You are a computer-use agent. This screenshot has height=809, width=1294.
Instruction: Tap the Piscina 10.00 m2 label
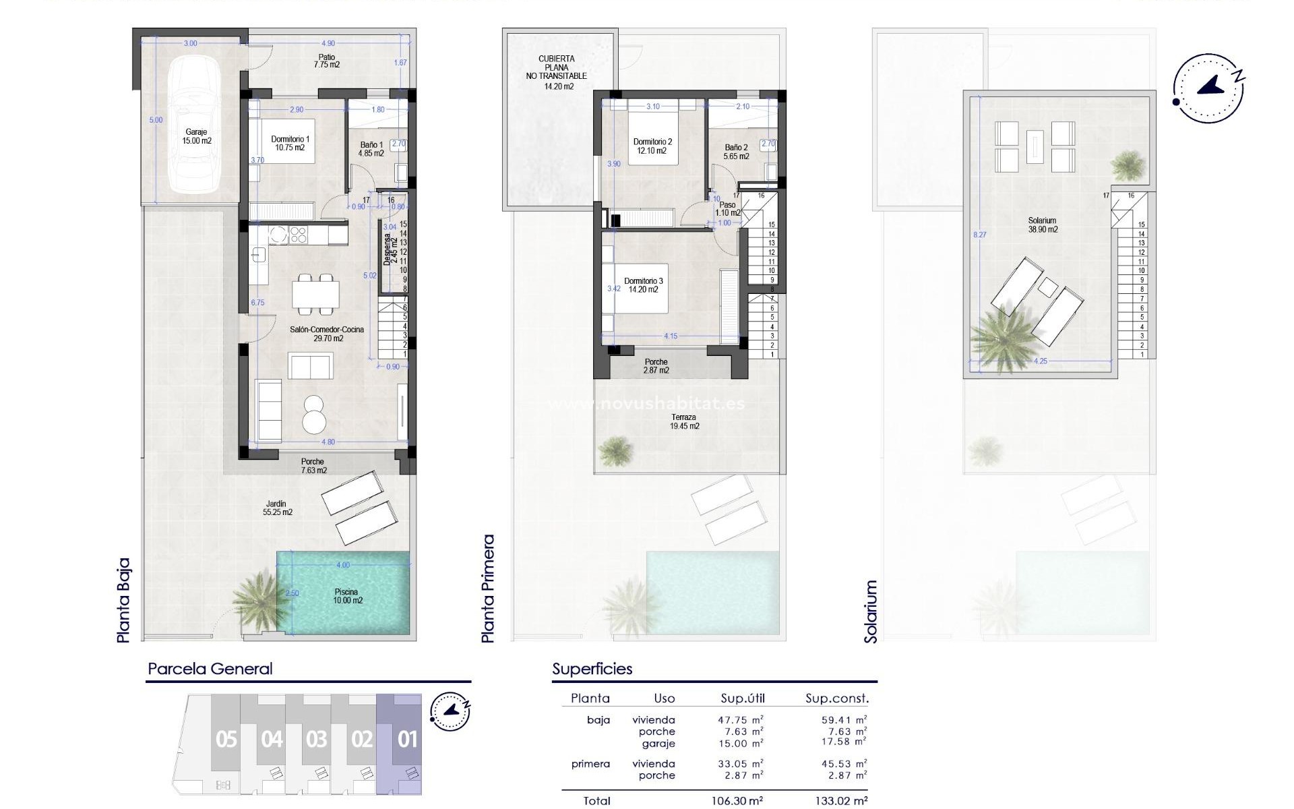coord(348,596)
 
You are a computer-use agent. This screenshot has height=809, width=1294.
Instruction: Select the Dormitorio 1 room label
coord(290,143)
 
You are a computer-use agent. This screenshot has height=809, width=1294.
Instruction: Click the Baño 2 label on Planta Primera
coord(736,152)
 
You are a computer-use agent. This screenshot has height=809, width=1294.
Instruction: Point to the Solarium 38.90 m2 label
coord(1043,224)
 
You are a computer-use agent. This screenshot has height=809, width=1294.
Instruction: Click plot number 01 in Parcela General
coord(407,740)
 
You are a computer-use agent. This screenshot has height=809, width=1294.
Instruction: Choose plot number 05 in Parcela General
coord(226,740)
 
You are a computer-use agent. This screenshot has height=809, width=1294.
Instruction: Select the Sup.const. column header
coord(837,698)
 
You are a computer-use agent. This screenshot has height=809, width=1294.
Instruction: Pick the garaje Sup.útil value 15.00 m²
coord(740,743)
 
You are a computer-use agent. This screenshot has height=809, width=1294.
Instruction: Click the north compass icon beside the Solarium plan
coord(1208,88)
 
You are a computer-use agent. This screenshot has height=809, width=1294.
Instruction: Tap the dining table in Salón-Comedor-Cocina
coord(315,293)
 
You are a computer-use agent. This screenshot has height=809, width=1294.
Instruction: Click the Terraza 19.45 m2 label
coord(684,421)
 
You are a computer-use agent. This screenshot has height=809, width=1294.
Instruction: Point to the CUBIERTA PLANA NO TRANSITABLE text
coord(557,72)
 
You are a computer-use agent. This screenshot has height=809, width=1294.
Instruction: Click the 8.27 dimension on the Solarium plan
coord(980,235)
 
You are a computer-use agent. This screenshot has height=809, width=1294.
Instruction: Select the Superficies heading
coord(592,669)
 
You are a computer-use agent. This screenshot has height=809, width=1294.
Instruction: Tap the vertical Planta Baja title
coord(123,600)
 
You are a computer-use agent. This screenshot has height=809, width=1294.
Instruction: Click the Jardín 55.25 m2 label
coord(277,508)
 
